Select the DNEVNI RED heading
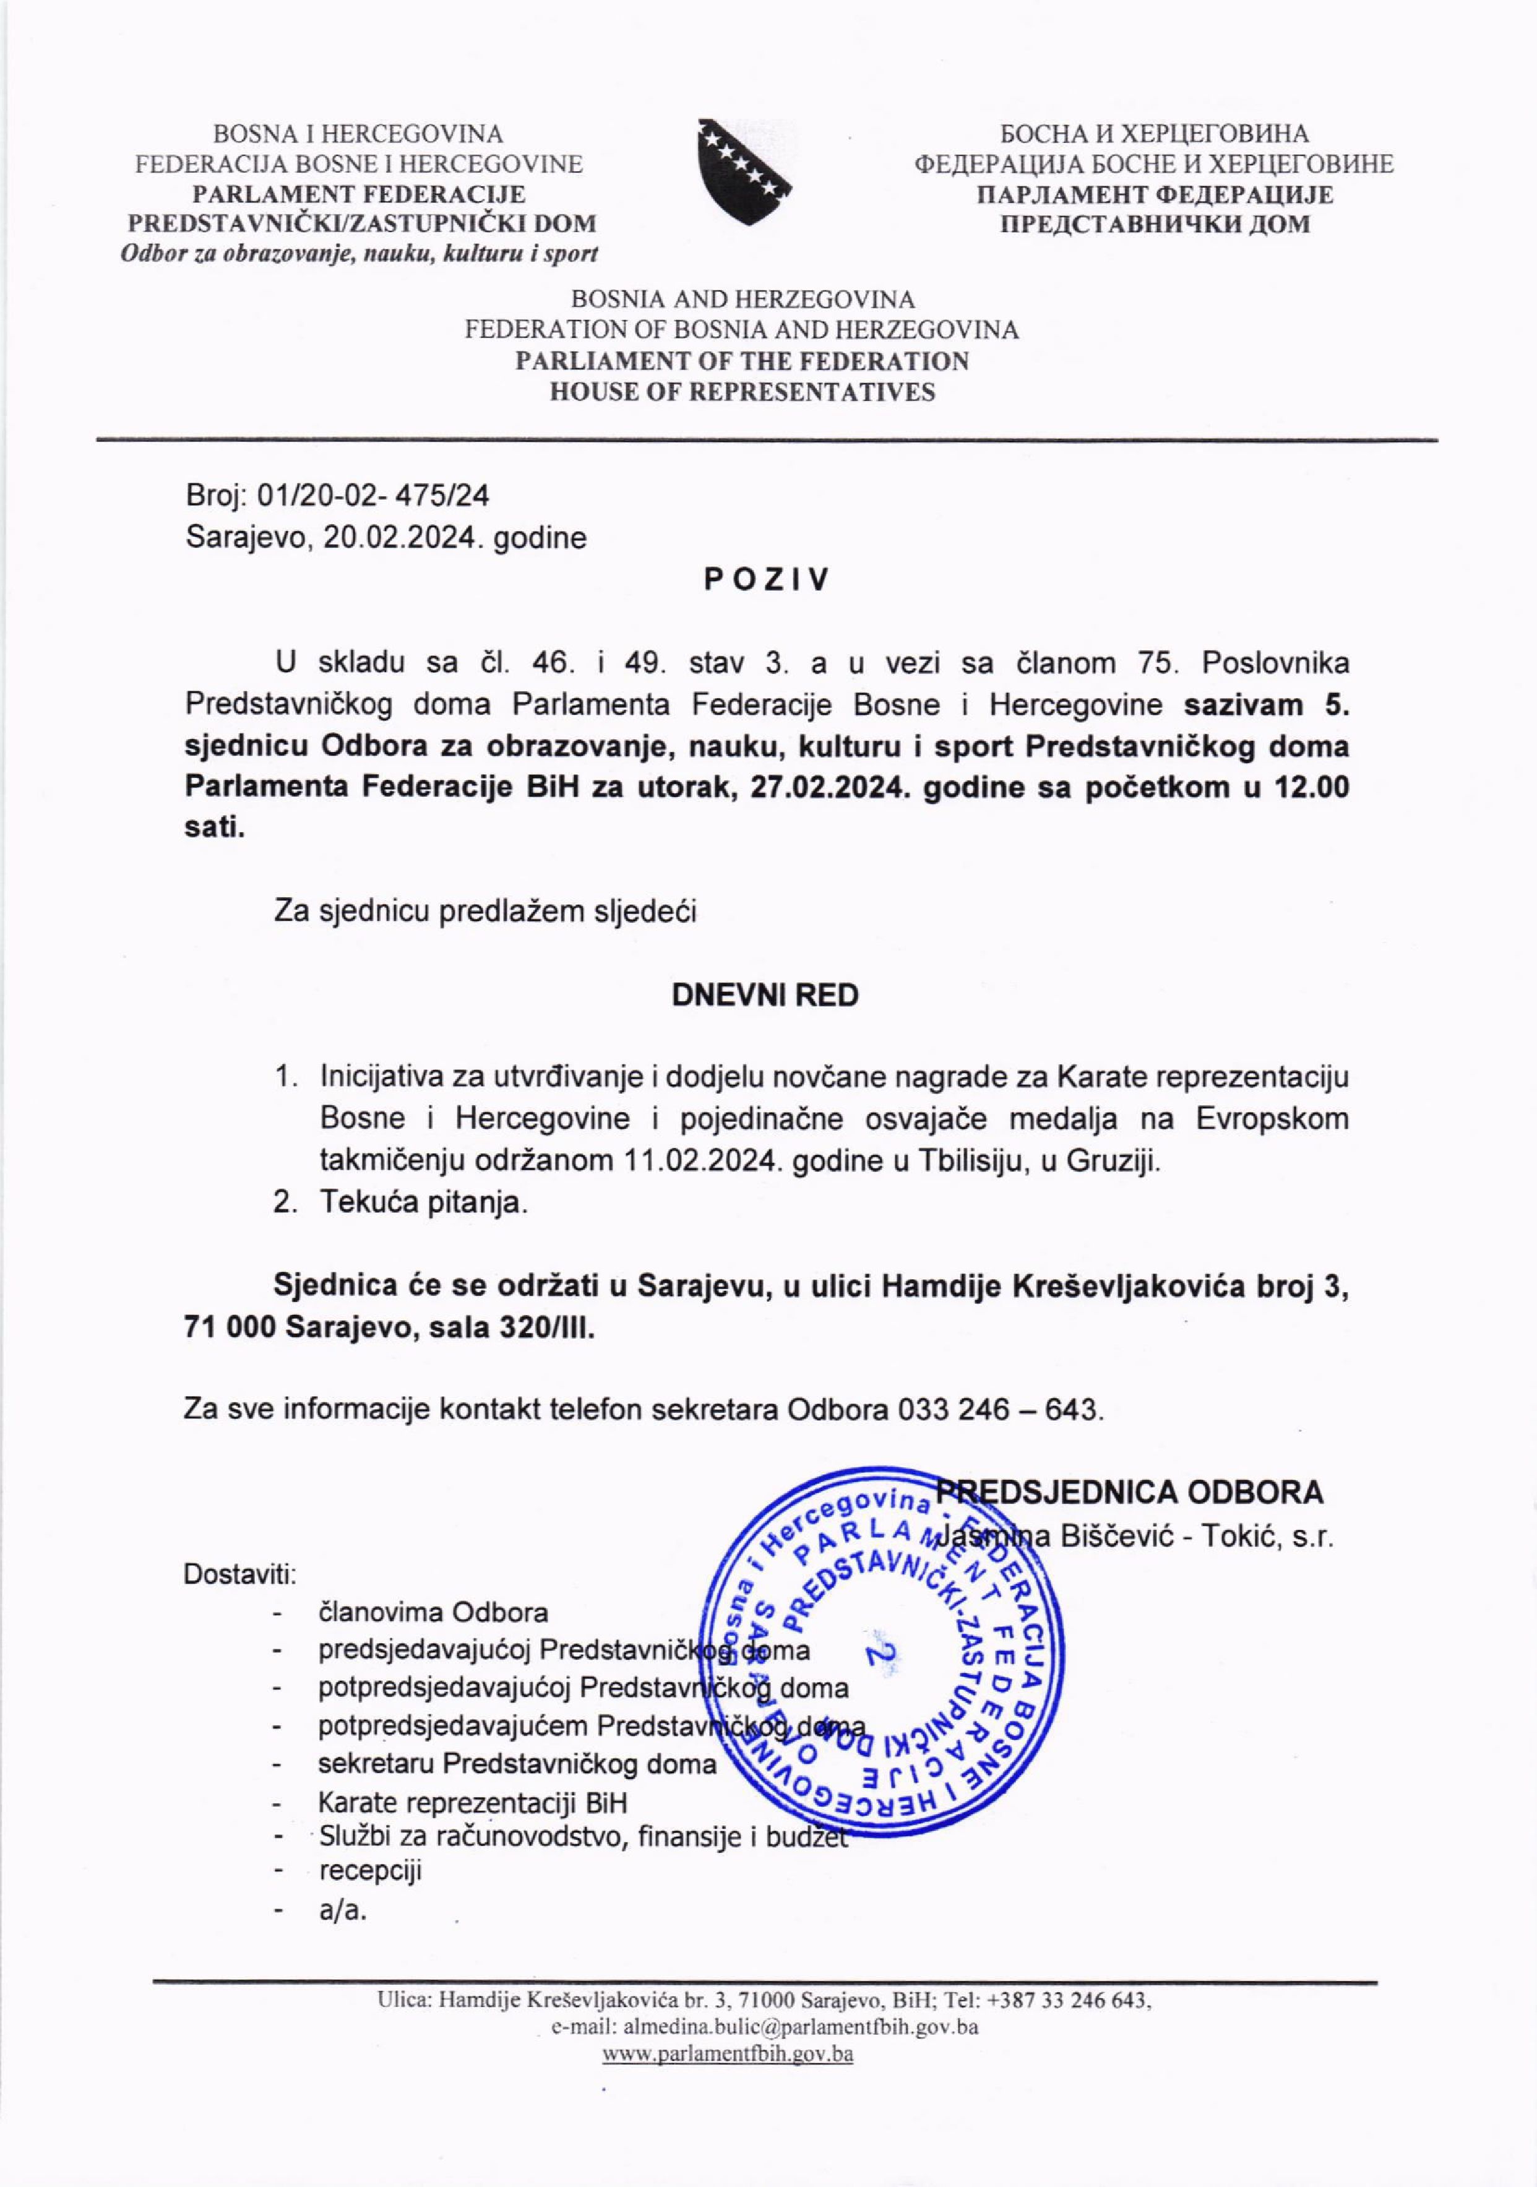pyautogui.click(x=765, y=995)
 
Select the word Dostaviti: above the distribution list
pyautogui.click(x=240, y=1574)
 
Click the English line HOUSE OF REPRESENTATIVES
pyautogui.click(x=742, y=392)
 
